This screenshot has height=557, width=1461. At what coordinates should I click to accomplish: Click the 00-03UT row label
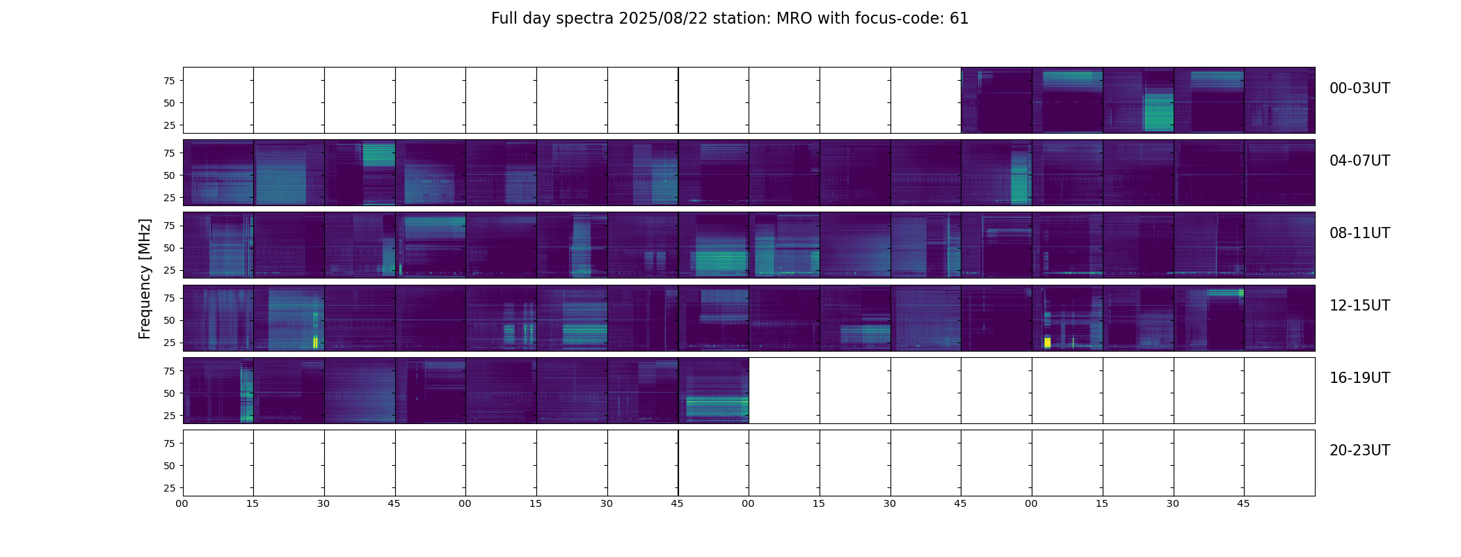coord(1359,88)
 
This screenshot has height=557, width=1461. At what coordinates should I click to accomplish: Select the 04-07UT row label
coord(1359,161)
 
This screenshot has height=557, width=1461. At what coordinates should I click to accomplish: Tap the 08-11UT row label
coord(1359,233)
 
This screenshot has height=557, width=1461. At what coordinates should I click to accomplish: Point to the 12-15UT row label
coord(1359,306)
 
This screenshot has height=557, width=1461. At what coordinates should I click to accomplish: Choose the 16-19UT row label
coord(1359,378)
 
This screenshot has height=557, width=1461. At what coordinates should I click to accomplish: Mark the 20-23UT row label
coord(1359,450)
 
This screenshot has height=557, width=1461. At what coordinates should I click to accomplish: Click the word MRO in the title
coord(788,19)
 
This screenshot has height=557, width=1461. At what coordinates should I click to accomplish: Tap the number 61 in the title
coord(959,19)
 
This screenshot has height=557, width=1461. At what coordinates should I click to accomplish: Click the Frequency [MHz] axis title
coord(145,278)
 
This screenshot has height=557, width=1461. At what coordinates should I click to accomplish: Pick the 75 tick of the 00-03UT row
coord(170,81)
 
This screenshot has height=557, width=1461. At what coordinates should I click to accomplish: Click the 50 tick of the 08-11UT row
coord(170,248)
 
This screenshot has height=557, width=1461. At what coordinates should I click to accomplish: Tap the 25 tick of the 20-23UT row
coord(170,488)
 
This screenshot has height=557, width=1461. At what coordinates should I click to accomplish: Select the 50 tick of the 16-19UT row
coord(170,393)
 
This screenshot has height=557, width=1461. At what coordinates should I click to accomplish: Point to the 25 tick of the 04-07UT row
coord(170,198)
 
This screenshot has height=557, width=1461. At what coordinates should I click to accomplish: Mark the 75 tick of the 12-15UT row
coord(170,298)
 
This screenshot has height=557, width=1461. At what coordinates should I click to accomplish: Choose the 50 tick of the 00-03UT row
coord(170,103)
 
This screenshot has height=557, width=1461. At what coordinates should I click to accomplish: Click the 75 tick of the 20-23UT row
coord(170,444)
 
